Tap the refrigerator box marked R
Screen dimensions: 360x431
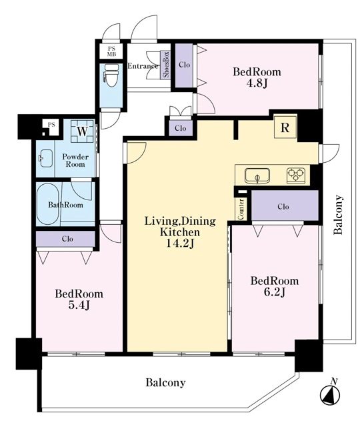[x=285, y=127]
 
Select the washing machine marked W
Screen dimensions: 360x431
[x=82, y=131]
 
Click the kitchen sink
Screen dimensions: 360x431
[x=257, y=176]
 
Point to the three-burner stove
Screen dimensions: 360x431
[x=296, y=175]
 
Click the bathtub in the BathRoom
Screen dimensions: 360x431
[x=47, y=203]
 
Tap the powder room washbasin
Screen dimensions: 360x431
[x=45, y=158]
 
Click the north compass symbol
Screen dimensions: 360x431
[x=330, y=394]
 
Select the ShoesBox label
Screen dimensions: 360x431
[x=166, y=65]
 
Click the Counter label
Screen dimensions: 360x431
[x=241, y=209]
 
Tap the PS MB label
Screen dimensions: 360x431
[x=111, y=51]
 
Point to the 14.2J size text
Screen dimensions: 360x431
[x=180, y=244]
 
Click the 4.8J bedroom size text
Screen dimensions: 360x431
[x=257, y=83]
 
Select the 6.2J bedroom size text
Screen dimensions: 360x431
[x=274, y=292]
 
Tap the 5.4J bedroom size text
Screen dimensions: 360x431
[x=79, y=305]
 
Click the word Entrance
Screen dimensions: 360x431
[x=143, y=66]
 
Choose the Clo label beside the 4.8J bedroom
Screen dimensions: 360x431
[x=184, y=65]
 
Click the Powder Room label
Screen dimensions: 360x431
[x=75, y=161]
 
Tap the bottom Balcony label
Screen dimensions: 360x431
[x=165, y=382]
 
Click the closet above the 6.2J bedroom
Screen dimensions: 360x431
[x=285, y=205]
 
